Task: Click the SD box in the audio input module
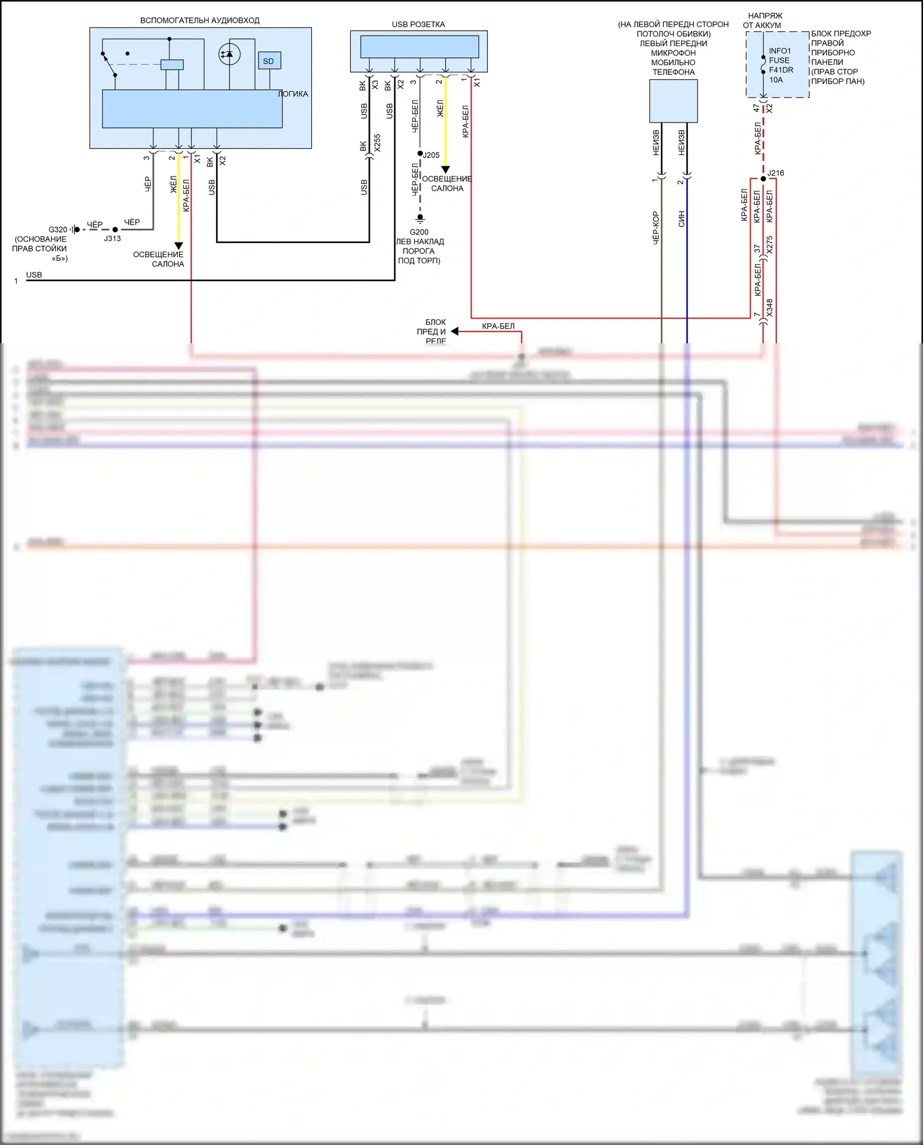[x=269, y=61]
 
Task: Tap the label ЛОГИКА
[x=293, y=94]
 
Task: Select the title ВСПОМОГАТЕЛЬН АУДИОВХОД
[x=200, y=20]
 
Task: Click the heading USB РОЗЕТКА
[x=418, y=25]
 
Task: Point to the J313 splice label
[x=112, y=239]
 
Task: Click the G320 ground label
[x=58, y=229]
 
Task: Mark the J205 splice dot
[x=420, y=153]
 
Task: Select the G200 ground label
[x=419, y=232]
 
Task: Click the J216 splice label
[x=776, y=173]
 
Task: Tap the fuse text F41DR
[x=781, y=70]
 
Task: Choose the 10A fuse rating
[x=776, y=80]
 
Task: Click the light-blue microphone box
[x=673, y=102]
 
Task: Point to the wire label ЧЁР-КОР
[x=655, y=228]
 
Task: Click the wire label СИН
[x=681, y=218]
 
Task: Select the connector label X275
[x=770, y=245]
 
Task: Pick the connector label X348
[x=770, y=308]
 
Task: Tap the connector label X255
[x=377, y=143]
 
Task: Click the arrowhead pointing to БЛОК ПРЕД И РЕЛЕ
[x=455, y=332]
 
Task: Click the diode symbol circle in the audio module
[x=230, y=55]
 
